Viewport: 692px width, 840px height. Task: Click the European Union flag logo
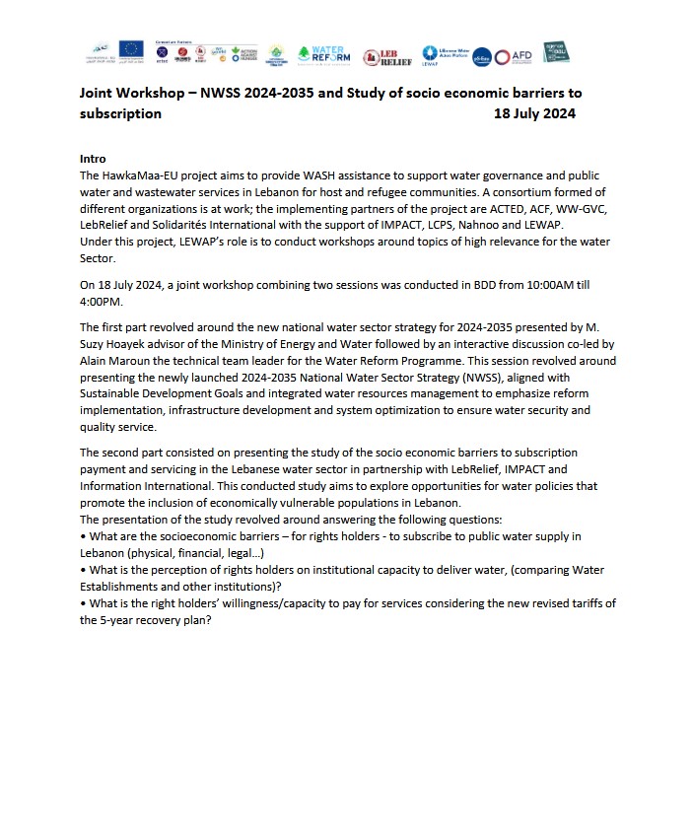[130, 49]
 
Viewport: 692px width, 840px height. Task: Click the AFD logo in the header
[519, 55]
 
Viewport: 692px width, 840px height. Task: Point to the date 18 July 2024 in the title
[534, 113]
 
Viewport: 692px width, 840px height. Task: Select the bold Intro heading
[93, 159]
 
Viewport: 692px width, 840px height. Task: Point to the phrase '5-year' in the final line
[117, 619]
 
